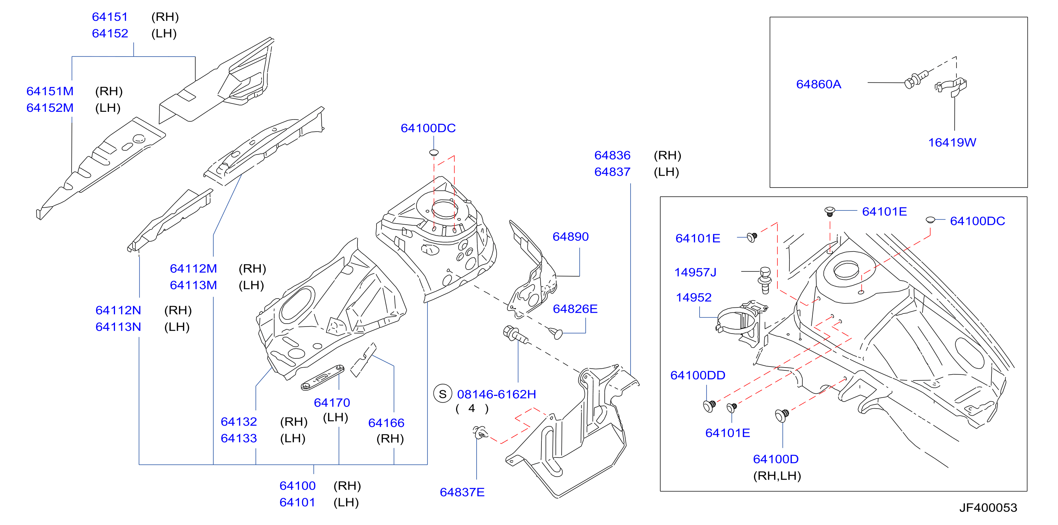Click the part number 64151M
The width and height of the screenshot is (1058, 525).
(x=50, y=91)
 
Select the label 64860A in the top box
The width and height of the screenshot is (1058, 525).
(x=818, y=84)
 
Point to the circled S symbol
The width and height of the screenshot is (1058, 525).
(x=442, y=394)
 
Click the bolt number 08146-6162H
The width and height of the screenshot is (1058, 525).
(x=496, y=394)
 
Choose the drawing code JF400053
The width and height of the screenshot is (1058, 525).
(x=988, y=508)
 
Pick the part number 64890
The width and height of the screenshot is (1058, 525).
(x=570, y=236)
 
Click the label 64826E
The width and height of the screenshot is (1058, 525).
(x=575, y=309)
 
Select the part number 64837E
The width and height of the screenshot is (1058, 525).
(x=462, y=492)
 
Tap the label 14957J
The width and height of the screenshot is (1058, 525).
(x=695, y=272)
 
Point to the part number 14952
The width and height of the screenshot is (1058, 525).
(x=694, y=297)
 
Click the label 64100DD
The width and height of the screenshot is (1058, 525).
(x=697, y=375)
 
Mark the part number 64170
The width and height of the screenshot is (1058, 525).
(x=332, y=403)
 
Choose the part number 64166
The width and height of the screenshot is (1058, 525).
(x=386, y=423)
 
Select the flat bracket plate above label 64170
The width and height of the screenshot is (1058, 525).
(x=322, y=377)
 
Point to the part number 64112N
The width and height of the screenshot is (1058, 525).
(x=118, y=310)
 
